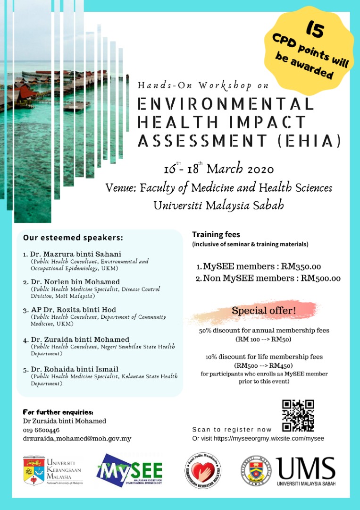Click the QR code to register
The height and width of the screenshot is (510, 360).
[x=298, y=416]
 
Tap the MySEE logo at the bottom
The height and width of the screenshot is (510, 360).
[x=130, y=469]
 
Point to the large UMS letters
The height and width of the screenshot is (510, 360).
[x=306, y=468]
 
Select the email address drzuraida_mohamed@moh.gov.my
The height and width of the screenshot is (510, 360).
[x=77, y=439]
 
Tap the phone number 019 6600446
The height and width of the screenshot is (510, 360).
[x=41, y=430]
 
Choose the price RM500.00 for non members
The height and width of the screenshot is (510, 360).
[x=320, y=278]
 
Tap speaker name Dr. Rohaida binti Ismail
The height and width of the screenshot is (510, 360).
[x=74, y=369]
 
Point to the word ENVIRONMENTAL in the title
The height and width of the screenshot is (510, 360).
[x=226, y=104]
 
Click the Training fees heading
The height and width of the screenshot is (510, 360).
[x=216, y=234]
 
